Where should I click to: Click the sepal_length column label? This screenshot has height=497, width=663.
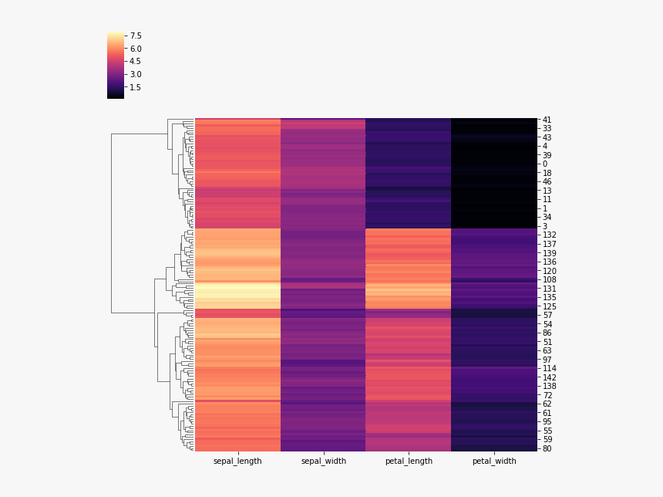[x=237, y=461]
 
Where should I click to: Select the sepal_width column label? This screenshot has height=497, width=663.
[x=322, y=461]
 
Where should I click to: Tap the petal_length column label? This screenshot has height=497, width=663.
[x=409, y=461]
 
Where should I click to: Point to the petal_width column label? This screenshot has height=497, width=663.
[x=493, y=461]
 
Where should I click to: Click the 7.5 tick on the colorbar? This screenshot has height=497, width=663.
[x=136, y=35]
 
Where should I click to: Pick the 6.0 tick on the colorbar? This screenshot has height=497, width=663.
[x=136, y=49]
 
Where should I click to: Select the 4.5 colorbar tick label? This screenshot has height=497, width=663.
[x=136, y=61]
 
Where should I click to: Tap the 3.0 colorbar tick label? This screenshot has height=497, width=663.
[x=136, y=74]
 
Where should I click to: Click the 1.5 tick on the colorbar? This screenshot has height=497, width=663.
[x=136, y=87]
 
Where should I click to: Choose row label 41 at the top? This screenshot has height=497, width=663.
[x=547, y=120]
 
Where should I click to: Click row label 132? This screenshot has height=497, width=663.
[x=549, y=235]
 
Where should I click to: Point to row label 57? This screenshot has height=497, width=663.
[x=547, y=316]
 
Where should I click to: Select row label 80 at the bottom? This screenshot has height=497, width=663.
[x=547, y=448]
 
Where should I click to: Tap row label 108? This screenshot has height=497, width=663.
[x=549, y=279]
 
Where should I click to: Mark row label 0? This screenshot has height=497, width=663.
[x=544, y=164]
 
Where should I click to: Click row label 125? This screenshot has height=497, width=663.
[x=549, y=306]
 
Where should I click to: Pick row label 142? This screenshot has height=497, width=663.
[x=549, y=377]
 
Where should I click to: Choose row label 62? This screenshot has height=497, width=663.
[x=547, y=404]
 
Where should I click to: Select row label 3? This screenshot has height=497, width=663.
[x=544, y=226]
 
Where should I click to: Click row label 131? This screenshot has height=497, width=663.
[x=549, y=289]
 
